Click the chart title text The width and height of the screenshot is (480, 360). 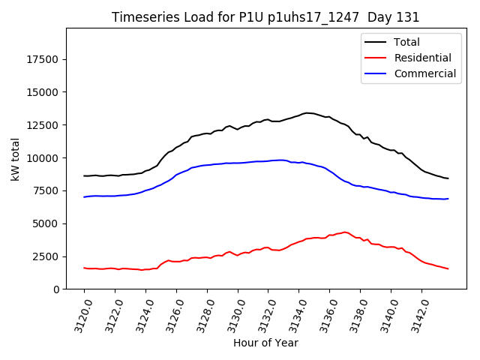coord(265,16)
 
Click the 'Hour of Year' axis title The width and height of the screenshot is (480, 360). coord(265,343)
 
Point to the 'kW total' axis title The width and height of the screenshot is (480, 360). coord(15,157)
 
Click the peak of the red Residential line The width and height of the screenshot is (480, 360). coord(345,232)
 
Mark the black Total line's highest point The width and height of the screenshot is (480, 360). coord(307,112)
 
